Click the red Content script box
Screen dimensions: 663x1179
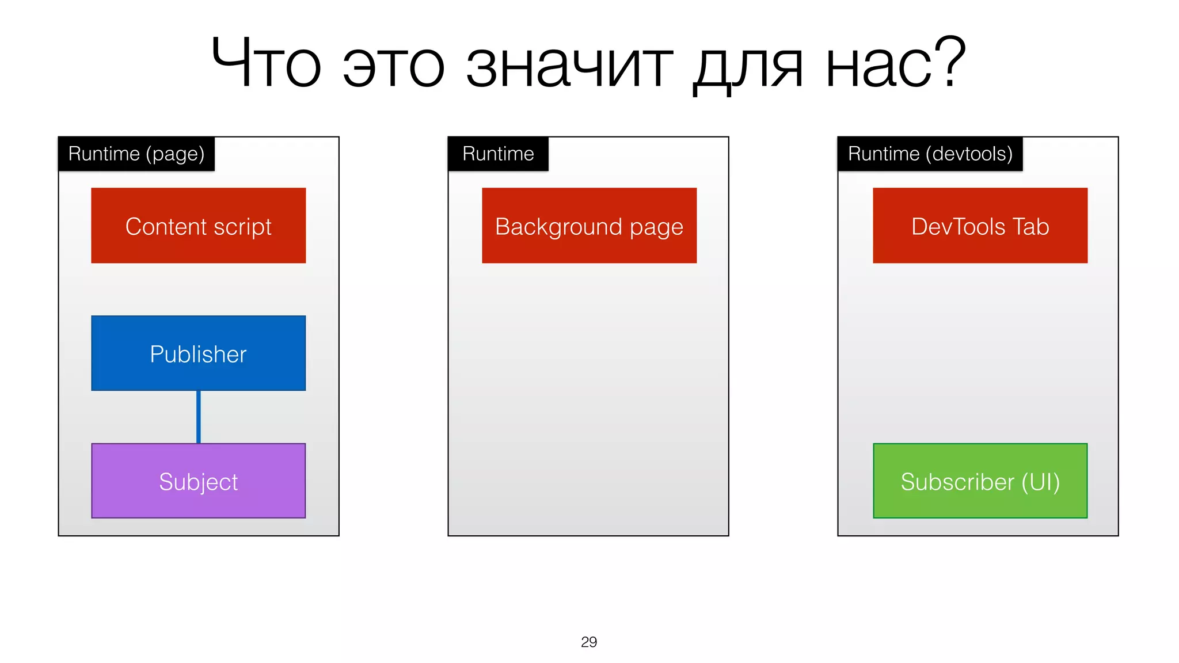(198, 225)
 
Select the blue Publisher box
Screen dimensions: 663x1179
(198, 353)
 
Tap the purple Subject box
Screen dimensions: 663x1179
(198, 481)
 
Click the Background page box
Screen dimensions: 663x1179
(589, 225)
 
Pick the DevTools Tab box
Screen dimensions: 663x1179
(980, 225)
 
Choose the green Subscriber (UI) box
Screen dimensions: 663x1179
(980, 481)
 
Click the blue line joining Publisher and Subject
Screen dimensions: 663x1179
(198, 417)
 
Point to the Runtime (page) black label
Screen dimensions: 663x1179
(136, 154)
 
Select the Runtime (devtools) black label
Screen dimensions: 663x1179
(930, 154)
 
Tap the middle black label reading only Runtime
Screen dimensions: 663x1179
(498, 154)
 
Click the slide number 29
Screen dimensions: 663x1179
(589, 642)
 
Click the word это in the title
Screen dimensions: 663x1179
(394, 66)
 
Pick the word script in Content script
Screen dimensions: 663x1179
(242, 227)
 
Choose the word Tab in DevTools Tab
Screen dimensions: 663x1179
(1030, 226)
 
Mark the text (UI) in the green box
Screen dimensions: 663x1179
(1040, 482)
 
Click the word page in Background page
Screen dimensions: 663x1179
(656, 228)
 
